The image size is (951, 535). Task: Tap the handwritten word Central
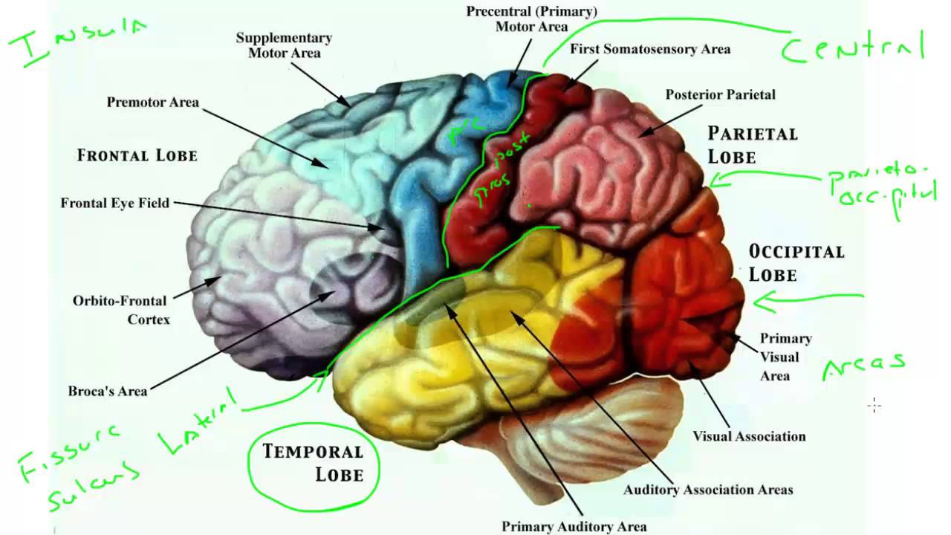pyautogui.click(x=853, y=48)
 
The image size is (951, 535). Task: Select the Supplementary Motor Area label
pyautogui.click(x=284, y=45)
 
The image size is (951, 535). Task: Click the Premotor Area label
pyautogui.click(x=153, y=103)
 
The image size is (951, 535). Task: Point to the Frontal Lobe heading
pyautogui.click(x=137, y=156)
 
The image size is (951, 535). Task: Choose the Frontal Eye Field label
pyautogui.click(x=115, y=203)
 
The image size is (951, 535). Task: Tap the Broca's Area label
pyautogui.click(x=108, y=391)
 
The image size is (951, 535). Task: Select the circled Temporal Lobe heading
pyautogui.click(x=313, y=462)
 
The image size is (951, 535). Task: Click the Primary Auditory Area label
pyautogui.click(x=574, y=526)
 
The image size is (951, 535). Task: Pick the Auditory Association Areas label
pyautogui.click(x=708, y=490)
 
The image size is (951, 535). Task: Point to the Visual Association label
pyautogui.click(x=749, y=436)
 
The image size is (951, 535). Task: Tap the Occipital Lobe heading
pyautogui.click(x=796, y=263)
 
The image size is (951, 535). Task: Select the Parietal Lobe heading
pyautogui.click(x=752, y=145)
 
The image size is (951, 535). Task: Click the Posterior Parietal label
pyautogui.click(x=720, y=95)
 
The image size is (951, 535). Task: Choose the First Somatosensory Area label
pyautogui.click(x=650, y=49)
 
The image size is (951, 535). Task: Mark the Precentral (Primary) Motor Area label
pyautogui.click(x=531, y=19)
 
